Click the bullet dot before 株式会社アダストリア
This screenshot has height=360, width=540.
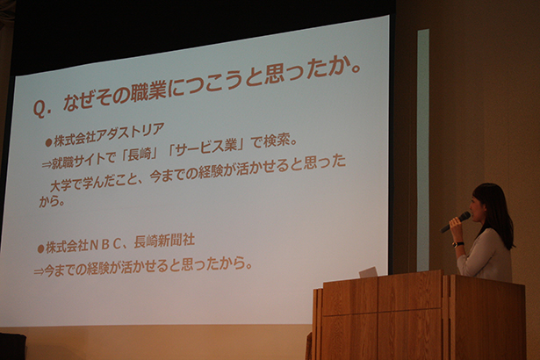point(48,142)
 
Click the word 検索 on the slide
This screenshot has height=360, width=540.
point(276,140)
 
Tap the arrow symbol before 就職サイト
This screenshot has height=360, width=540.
point(47,165)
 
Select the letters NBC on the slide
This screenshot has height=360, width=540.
point(105,245)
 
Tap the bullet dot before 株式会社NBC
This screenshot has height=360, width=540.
point(41,248)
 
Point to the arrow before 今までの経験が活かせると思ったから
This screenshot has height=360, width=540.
point(39,272)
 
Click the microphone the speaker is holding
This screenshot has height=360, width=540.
point(456,222)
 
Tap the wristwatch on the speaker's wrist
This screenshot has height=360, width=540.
point(457,244)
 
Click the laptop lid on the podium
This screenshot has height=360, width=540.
point(368,272)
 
